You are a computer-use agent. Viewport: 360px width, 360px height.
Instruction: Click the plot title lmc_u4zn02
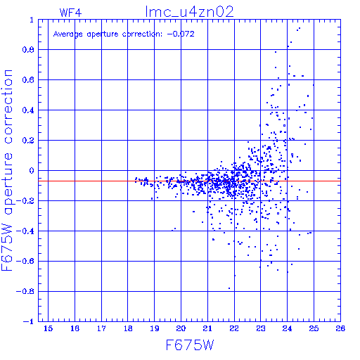click(189, 12)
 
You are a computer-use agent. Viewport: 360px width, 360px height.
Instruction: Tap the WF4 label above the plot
click(70, 13)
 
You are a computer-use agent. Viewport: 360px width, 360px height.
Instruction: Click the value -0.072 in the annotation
click(181, 34)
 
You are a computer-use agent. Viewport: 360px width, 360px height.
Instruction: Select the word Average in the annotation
click(68, 34)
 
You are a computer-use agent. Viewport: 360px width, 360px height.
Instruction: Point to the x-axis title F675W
click(190, 345)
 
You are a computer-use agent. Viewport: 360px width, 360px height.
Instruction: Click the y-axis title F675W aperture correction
click(7, 170)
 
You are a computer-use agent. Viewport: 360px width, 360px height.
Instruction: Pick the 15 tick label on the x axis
click(49, 328)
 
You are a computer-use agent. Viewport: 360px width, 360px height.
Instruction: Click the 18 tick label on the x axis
click(128, 328)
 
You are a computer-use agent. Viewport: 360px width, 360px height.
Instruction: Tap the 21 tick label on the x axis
click(207, 328)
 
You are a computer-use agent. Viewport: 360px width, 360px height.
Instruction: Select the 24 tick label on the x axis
click(288, 328)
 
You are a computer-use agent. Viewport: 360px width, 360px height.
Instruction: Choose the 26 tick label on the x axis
click(340, 328)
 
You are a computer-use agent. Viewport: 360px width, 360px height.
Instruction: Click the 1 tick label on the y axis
click(32, 20)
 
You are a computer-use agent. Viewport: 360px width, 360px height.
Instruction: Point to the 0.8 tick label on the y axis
click(28, 50)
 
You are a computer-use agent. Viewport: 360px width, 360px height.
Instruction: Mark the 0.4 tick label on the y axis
click(28, 110)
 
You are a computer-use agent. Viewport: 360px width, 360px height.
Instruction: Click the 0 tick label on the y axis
click(32, 170)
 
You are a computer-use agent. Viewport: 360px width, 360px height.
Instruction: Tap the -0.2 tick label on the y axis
click(25, 201)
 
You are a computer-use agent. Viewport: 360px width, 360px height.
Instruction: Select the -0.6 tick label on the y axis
click(25, 261)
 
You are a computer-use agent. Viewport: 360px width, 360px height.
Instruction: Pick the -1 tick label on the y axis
click(28, 321)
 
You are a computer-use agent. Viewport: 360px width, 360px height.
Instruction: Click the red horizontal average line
click(189, 181)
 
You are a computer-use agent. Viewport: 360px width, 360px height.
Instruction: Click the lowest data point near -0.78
click(229, 288)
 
